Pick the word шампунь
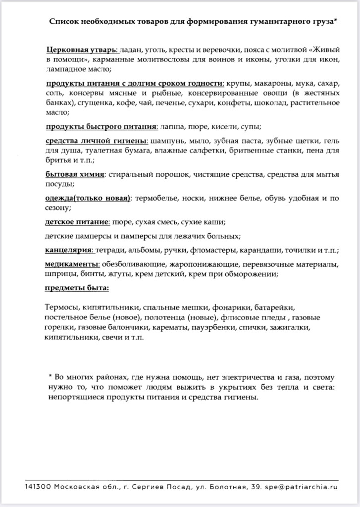pyautogui.click(x=169, y=141)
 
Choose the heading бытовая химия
pyautogui.click(x=75, y=175)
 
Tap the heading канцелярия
pyautogui.click(x=69, y=251)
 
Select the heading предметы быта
pyautogui.click(x=77, y=288)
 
